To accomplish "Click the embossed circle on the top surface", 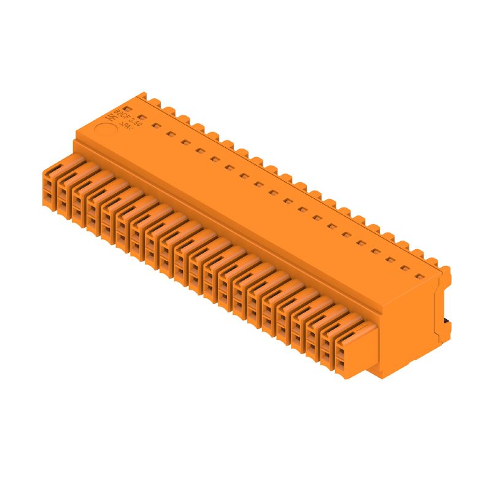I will (106, 131).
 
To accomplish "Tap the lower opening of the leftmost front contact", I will (48, 196).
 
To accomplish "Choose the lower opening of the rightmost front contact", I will (341, 365).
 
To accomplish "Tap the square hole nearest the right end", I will (420, 276).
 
